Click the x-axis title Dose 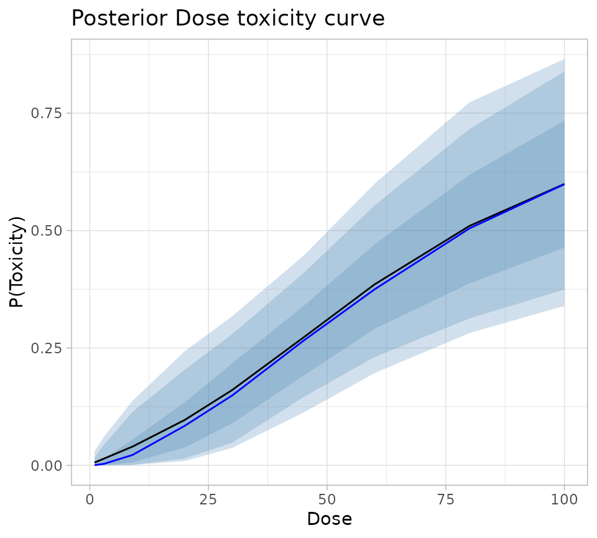tap(329, 519)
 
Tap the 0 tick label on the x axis tap(90, 499)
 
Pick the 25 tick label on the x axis tap(209, 499)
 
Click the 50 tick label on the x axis tap(327, 499)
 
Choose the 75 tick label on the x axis tap(446, 499)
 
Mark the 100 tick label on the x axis tap(564, 499)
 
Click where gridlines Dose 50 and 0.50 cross tap(327, 230)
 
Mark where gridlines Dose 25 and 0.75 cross tap(209, 113)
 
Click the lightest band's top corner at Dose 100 tap(563, 60)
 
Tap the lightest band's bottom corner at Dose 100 tap(563, 305)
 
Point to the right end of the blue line tap(563, 185)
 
